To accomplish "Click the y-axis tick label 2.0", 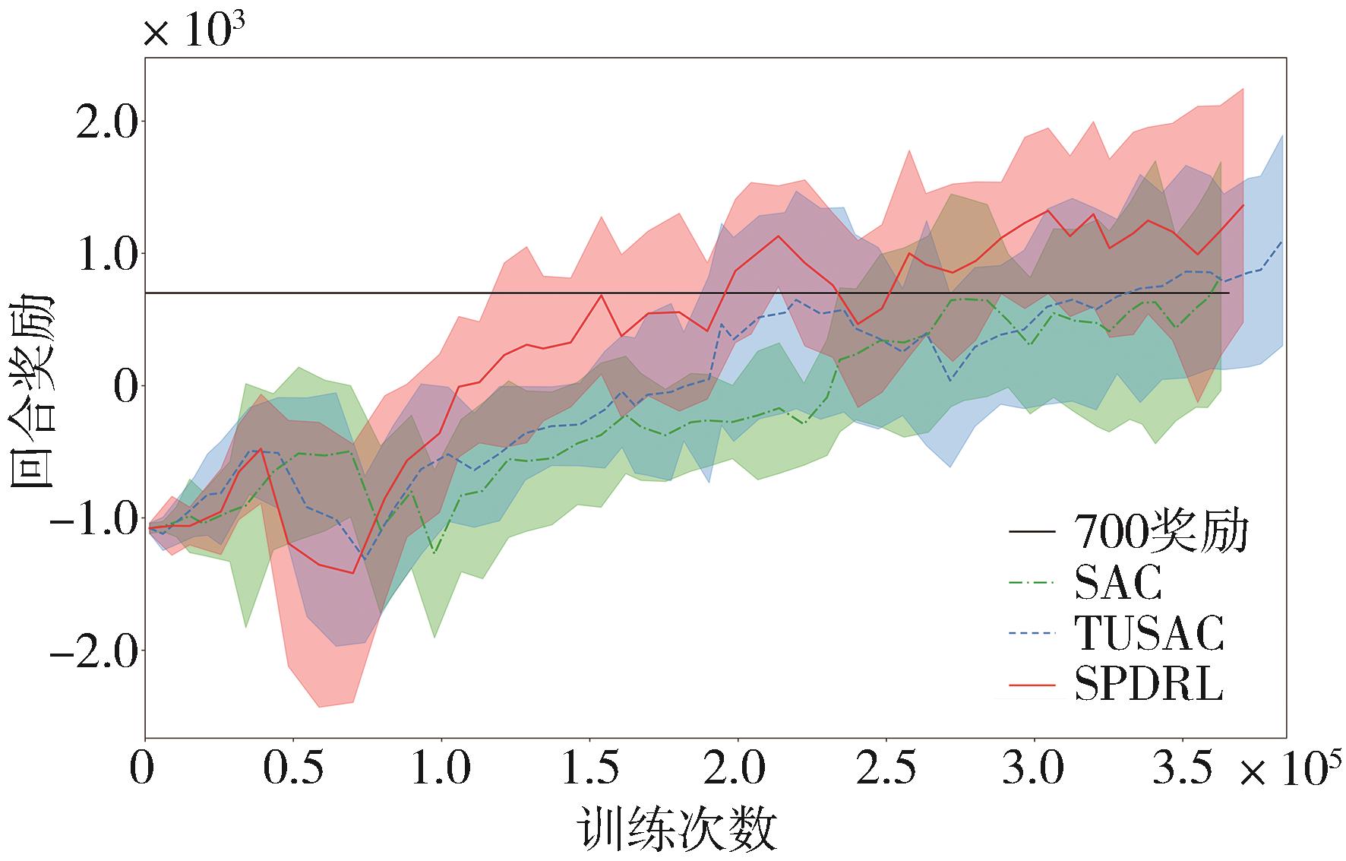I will tap(105, 122).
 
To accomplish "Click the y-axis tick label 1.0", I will tap(105, 255).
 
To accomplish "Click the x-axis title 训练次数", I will tap(677, 830).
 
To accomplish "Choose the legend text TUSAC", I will tap(1149, 633).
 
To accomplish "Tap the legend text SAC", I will tap(1118, 583).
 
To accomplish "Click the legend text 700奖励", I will tap(1161, 532).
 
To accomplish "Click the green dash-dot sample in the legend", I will tap(1032, 584).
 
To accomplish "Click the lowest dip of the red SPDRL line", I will tap(352, 573).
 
